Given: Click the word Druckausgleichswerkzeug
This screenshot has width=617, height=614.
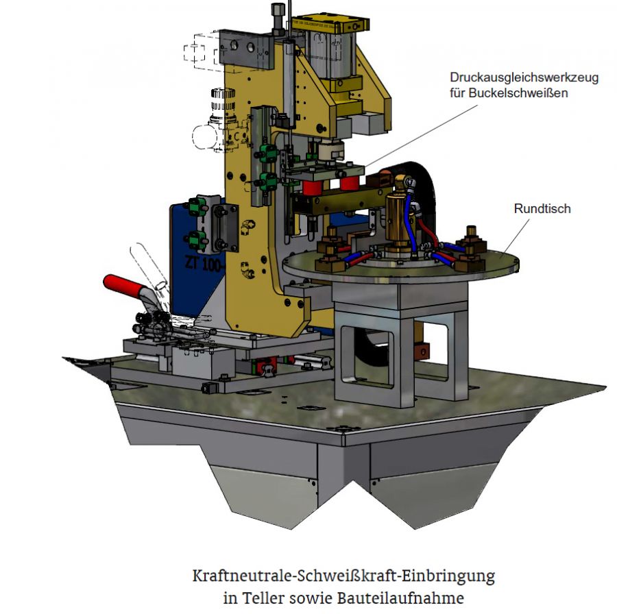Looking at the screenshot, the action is [524, 77].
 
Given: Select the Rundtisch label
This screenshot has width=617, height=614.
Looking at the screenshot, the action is [542, 208].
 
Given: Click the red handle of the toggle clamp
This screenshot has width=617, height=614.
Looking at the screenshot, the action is [122, 286].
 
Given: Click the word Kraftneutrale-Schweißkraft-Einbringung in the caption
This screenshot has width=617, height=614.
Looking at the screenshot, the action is [343, 576].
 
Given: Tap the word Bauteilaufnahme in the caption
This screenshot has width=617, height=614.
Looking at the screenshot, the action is [400, 598].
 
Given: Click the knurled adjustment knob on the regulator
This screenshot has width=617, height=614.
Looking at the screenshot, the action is [223, 99].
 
